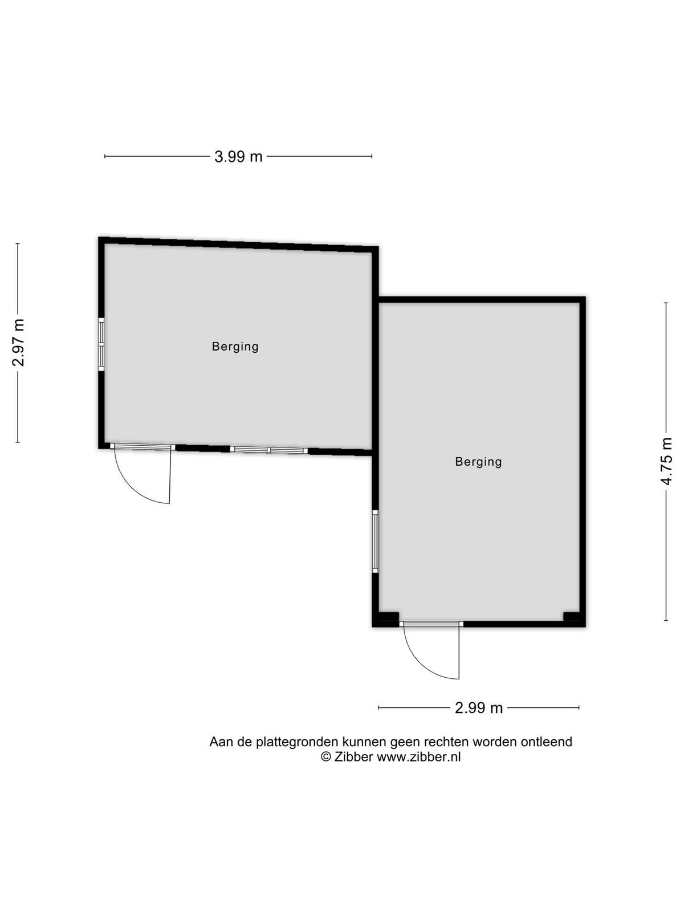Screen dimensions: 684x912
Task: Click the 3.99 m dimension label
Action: pos(238,157)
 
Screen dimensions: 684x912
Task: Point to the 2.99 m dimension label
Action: pos(478,707)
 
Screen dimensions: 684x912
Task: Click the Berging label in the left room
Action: pos(235,347)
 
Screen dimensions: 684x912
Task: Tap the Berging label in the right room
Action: pos(478,462)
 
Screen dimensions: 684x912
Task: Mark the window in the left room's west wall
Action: pos(101,344)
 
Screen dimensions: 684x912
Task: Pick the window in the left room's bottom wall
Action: pos(268,450)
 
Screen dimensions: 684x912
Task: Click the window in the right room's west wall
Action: pos(375,541)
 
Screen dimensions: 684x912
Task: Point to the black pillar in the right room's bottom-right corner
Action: pos(571,617)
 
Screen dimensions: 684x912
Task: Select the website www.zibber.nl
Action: pos(418,756)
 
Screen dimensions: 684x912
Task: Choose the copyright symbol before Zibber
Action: pos(326,756)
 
